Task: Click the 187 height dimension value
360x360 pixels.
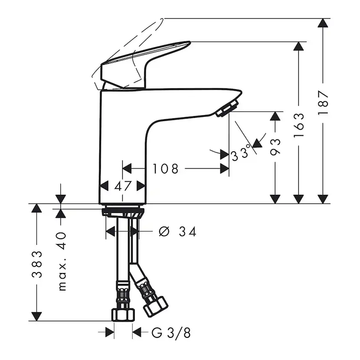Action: click(323, 103)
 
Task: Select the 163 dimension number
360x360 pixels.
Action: click(299, 125)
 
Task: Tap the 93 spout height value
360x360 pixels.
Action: click(275, 147)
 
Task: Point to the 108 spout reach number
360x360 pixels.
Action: click(166, 169)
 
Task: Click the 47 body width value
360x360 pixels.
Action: click(123, 186)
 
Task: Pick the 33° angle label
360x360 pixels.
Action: click(241, 153)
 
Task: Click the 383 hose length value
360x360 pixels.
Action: click(37, 264)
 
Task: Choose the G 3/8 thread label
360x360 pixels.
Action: click(171, 333)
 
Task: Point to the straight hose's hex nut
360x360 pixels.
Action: click(123, 315)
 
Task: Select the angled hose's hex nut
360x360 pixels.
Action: click(155, 307)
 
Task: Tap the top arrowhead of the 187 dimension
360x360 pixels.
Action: click(323, 23)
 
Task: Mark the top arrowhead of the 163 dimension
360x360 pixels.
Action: click(299, 46)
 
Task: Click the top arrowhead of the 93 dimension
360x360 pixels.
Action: click(275, 116)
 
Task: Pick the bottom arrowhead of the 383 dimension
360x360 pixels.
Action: click(37, 317)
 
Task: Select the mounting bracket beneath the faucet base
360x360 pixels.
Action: click(123, 212)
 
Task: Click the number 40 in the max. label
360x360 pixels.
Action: click(62, 241)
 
